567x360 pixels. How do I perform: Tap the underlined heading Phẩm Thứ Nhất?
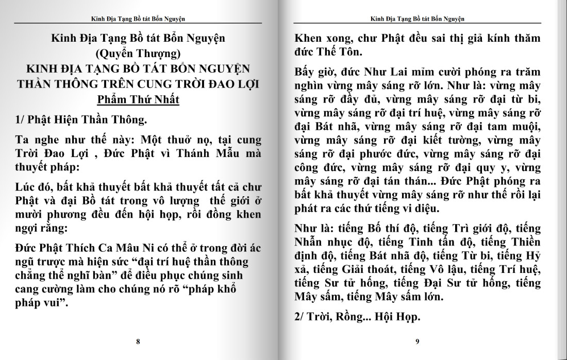pos(138,99)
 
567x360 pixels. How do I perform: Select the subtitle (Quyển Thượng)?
pos(138,53)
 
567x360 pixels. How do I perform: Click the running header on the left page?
pos(138,19)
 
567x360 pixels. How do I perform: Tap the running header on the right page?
pos(418,19)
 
